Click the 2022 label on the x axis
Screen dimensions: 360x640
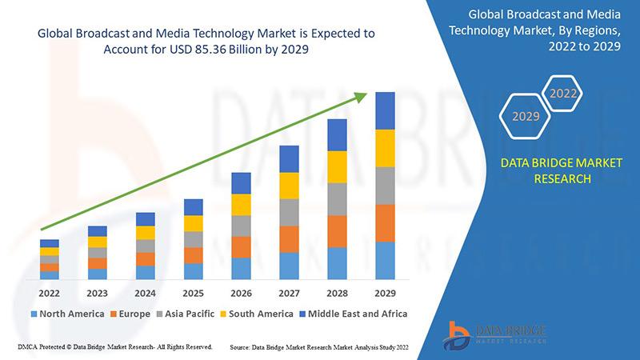(x=50, y=292)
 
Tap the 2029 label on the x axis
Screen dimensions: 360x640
(x=385, y=292)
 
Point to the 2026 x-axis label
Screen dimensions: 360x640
(x=241, y=292)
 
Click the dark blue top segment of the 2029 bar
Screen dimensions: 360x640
(x=385, y=110)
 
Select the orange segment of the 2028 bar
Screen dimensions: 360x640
(x=337, y=231)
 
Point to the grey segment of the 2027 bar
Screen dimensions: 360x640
(x=289, y=212)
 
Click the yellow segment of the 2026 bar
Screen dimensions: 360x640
(x=241, y=205)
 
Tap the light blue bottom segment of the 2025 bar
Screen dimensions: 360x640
(x=193, y=271)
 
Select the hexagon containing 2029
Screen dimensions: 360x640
(x=525, y=117)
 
